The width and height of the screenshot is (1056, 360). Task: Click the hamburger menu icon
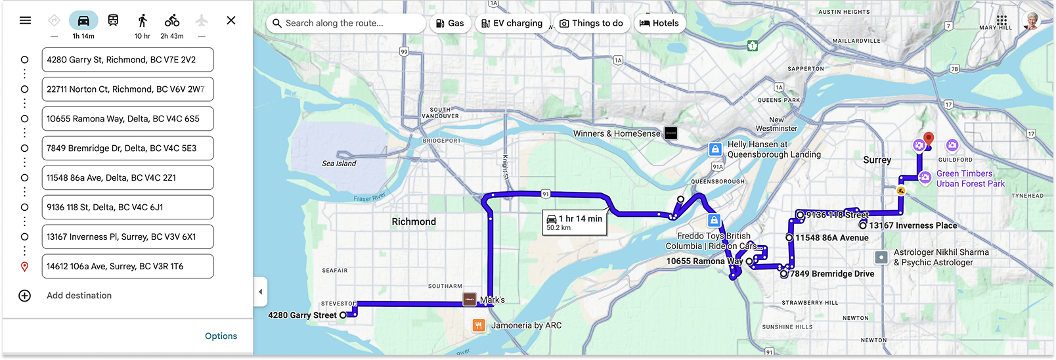25,20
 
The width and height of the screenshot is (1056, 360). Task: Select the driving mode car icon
83,20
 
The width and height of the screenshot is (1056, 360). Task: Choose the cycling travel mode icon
172,20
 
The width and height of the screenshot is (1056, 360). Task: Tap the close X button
231,20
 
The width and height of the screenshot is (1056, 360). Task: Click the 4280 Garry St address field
127,60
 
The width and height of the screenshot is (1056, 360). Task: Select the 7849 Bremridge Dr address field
127,148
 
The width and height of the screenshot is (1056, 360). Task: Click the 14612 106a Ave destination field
127,267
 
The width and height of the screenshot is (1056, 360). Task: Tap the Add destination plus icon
25,296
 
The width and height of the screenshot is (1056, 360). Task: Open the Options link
221,336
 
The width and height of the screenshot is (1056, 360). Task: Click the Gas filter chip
451,24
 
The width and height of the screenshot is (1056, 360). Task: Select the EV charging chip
512,24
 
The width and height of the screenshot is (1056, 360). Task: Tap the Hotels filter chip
659,24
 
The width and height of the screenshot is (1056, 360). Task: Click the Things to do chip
591,24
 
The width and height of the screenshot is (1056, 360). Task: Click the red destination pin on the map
928,139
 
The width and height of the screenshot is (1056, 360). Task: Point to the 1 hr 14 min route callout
575,222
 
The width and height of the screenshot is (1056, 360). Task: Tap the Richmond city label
414,222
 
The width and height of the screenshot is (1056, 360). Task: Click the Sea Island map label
339,164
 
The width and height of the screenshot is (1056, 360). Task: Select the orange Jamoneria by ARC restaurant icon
479,325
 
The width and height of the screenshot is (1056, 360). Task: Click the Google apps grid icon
1001,20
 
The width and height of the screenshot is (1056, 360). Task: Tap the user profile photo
1033,20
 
